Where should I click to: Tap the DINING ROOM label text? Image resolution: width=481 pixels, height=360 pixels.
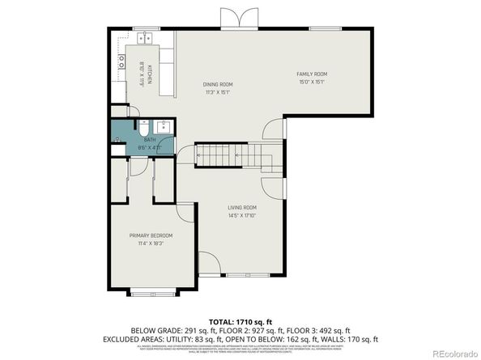point(217,84)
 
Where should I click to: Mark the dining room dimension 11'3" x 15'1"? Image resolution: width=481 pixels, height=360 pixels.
point(217,91)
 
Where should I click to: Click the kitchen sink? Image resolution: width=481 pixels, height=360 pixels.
point(147,37)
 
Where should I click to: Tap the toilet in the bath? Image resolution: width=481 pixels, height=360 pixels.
point(143,128)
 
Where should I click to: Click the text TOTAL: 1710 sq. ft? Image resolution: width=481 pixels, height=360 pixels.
point(240,321)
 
